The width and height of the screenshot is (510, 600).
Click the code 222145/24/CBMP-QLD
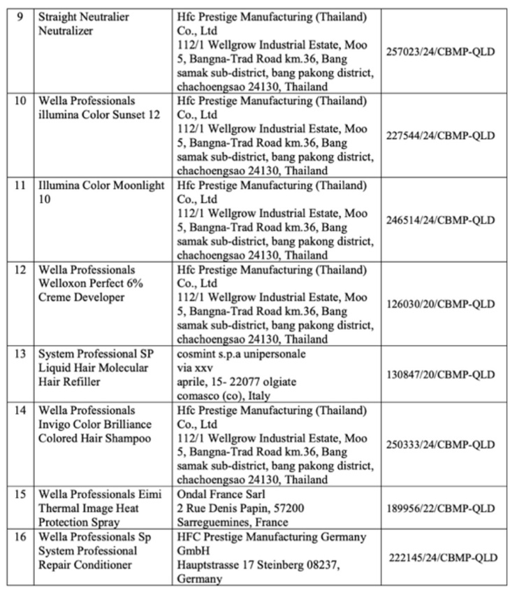tap(444, 557)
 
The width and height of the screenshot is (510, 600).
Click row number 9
tap(22, 16)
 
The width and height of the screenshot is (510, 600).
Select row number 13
tap(22, 354)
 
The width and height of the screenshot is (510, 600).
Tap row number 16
tap(22, 536)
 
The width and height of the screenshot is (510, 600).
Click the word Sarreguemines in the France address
tap(210, 522)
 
